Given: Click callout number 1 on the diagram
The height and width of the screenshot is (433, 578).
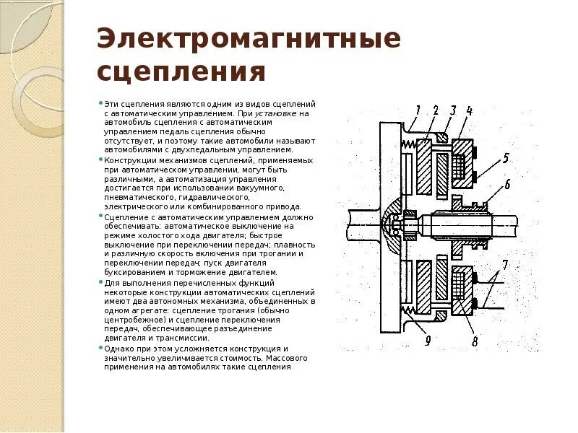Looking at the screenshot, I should [x=418, y=110].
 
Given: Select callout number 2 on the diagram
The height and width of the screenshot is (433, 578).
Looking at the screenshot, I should [x=436, y=110].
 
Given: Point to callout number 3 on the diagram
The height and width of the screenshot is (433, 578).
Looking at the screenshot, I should [x=453, y=110].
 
